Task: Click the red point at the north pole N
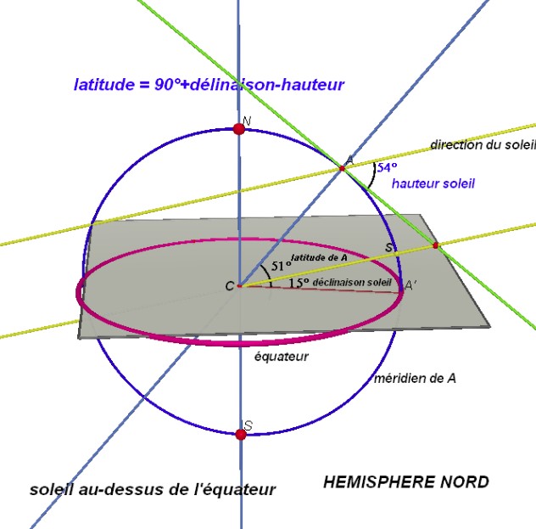point(238,129)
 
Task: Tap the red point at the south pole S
point(241,435)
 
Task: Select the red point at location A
point(342,168)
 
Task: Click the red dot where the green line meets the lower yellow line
point(436,245)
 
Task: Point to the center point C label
point(230,286)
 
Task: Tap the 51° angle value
point(281,266)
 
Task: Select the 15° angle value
point(299,283)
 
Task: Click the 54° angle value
point(387,167)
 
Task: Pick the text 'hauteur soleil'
point(433,183)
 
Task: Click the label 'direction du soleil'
point(483,144)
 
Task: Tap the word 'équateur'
point(282,357)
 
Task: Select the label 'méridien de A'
point(415,378)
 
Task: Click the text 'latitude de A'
point(319,257)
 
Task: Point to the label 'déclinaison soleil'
point(352,282)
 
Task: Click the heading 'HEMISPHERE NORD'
point(406,482)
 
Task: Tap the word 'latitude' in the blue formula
point(104,85)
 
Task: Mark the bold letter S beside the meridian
point(388,247)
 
